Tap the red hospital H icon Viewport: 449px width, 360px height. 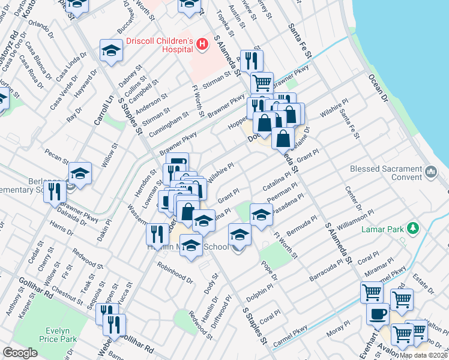click(202, 44)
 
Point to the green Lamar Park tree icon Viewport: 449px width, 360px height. click(412, 228)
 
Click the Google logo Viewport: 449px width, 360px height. click(20, 353)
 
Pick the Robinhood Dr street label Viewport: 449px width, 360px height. click(175, 271)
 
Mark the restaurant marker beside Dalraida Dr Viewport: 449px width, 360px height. click(55, 192)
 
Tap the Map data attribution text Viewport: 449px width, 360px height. click(423, 355)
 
